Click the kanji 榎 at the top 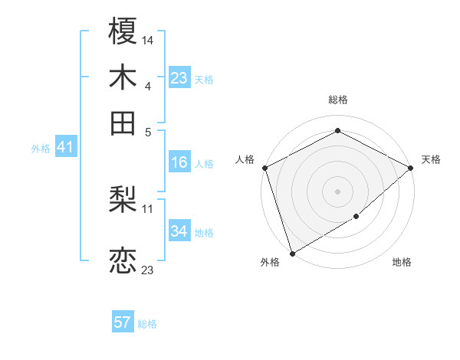click(x=123, y=34)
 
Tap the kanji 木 click(x=123, y=79)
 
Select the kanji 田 click(x=123, y=123)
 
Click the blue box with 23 click(x=179, y=78)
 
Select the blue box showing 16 click(x=179, y=162)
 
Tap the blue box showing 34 click(x=179, y=231)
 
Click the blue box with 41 click(x=64, y=148)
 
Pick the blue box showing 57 click(x=123, y=322)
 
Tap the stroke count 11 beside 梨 click(x=148, y=208)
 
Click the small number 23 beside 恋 click(x=148, y=270)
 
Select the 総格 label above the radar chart click(x=338, y=100)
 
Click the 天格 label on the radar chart click(x=431, y=159)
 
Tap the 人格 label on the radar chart click(x=245, y=159)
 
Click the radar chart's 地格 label click(x=402, y=262)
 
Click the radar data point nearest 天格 click(x=412, y=168)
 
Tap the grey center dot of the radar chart click(x=337, y=191)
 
